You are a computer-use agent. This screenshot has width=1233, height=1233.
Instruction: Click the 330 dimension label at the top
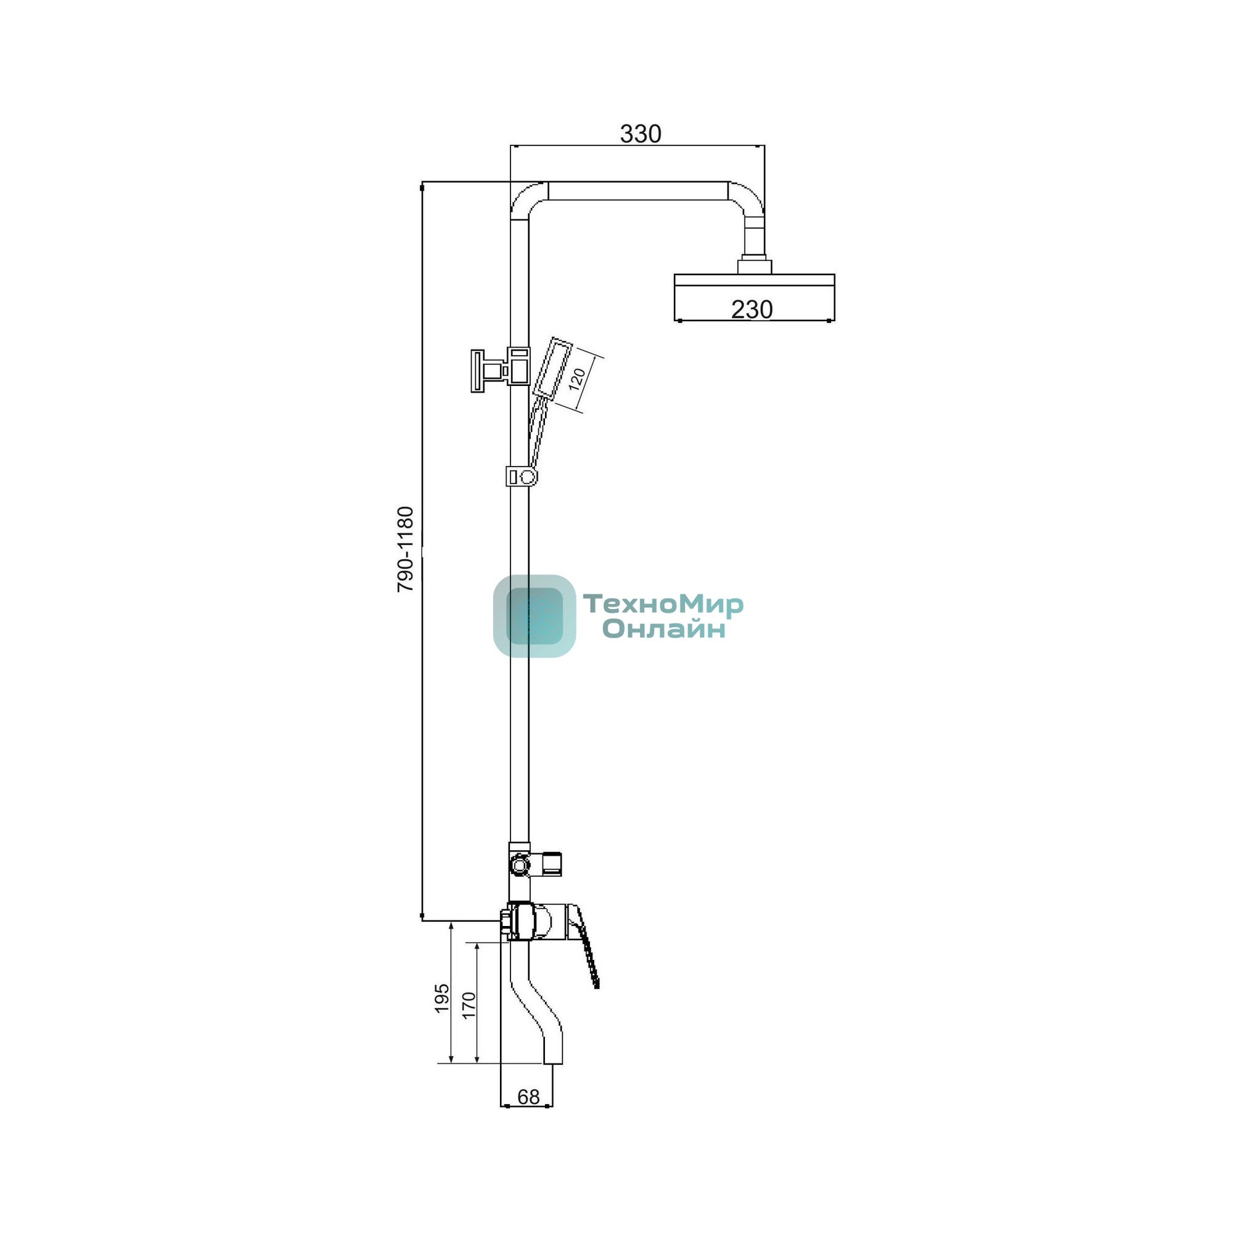point(640,134)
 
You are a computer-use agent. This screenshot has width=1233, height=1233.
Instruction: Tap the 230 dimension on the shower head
point(751,309)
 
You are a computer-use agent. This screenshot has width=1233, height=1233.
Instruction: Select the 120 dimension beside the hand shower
point(577,380)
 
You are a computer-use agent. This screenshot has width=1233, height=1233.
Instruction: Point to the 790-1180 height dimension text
point(405,549)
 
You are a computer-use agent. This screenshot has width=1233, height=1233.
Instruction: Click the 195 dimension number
point(441,998)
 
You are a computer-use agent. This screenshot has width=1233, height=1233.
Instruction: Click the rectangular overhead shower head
point(755,297)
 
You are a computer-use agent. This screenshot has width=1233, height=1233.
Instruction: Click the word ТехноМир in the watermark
point(663,604)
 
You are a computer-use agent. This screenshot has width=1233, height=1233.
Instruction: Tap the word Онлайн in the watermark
point(665,629)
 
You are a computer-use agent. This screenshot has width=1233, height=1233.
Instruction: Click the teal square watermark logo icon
point(534,616)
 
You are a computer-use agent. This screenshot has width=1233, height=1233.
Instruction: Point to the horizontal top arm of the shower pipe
point(638,191)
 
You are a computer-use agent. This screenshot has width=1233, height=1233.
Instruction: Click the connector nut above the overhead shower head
point(755,267)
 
